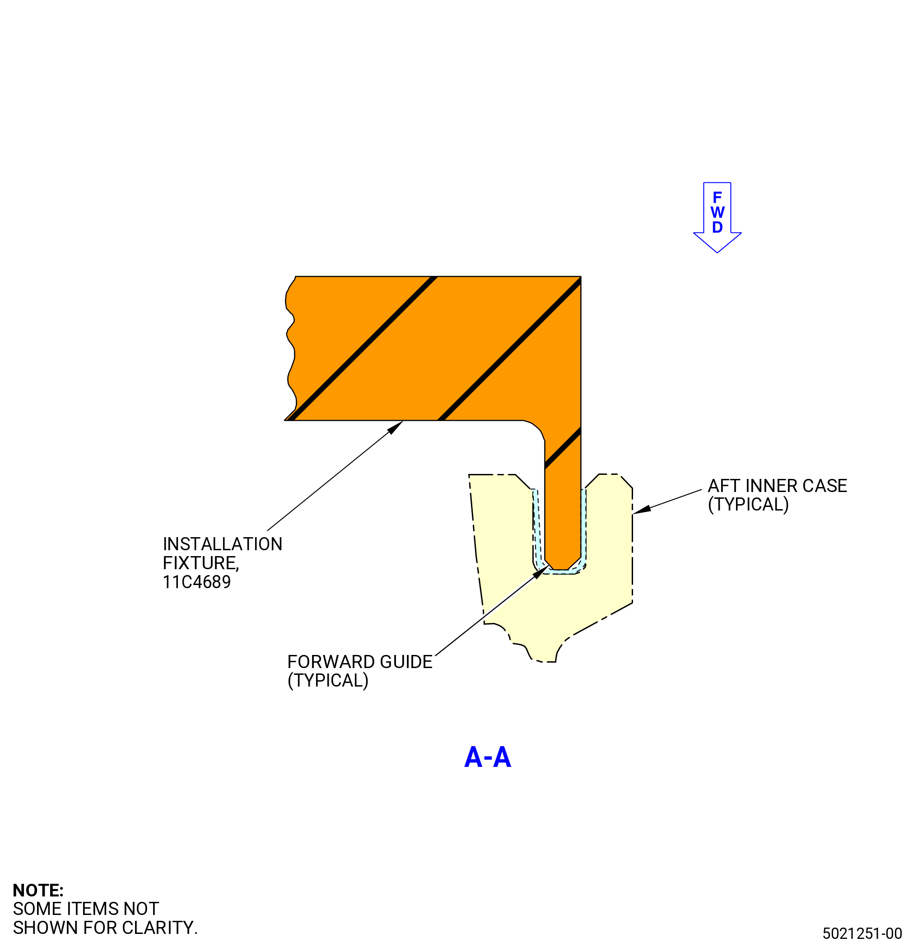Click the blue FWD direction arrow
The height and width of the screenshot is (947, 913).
717,218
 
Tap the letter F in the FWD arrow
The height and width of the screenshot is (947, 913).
717,197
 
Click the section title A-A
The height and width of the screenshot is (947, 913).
487,757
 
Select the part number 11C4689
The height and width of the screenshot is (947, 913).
197,582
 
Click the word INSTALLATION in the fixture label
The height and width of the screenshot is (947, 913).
222,544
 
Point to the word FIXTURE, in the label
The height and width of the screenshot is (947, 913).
201,563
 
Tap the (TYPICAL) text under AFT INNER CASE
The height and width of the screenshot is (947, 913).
748,505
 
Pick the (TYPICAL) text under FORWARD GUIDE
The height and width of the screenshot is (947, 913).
328,681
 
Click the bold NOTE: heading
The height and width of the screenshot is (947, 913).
38,891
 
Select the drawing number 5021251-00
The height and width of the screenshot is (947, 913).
862,933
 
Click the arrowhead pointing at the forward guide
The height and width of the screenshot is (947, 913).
540,572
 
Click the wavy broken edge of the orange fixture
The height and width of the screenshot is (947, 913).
290,348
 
